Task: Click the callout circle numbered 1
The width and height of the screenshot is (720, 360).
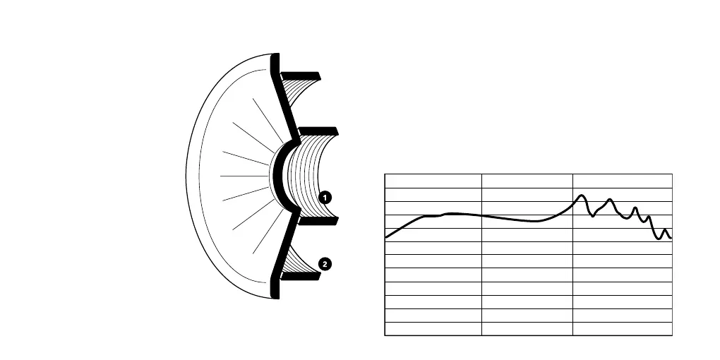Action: tap(325, 198)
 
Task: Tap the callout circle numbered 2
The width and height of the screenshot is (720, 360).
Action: tap(325, 264)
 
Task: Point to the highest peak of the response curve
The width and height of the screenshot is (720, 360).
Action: tap(582, 196)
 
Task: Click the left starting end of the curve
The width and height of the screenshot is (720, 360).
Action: tap(386, 238)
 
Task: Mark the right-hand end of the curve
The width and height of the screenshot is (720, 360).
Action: tap(671, 238)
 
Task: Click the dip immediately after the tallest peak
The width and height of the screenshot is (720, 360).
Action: tap(593, 215)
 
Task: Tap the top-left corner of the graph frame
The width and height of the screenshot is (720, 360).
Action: tap(385, 174)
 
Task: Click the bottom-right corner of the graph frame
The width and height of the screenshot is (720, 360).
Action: tap(672, 335)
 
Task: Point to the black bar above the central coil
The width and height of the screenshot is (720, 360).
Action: tap(318, 131)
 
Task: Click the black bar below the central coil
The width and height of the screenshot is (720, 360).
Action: tap(318, 220)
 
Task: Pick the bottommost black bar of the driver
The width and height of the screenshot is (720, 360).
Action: tap(301, 275)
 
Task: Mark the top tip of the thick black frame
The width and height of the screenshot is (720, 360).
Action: tap(275, 55)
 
